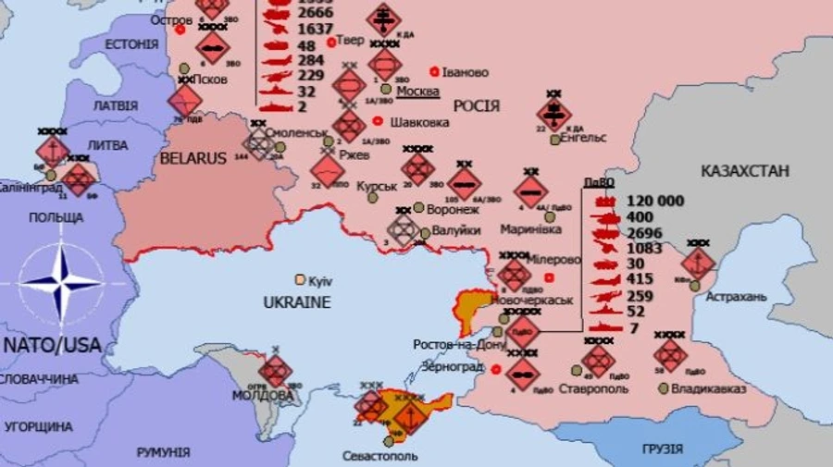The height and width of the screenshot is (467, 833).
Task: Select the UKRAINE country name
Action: click(x=296, y=302)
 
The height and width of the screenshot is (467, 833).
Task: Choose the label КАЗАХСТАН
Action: click(x=745, y=171)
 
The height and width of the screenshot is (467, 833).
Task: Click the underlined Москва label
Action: click(x=417, y=92)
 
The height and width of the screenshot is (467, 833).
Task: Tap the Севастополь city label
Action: click(x=379, y=456)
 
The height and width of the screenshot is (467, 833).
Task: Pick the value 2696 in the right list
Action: click(x=644, y=233)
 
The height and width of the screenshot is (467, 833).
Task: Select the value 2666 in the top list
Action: click(x=316, y=12)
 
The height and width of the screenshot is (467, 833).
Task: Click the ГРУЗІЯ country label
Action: click(x=662, y=449)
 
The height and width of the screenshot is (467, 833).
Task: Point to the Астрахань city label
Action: click(x=736, y=297)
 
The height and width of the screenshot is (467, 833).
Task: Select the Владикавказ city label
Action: click(x=708, y=389)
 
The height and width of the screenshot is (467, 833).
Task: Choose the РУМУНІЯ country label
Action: click(x=163, y=452)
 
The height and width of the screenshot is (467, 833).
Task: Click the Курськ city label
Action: click(x=377, y=187)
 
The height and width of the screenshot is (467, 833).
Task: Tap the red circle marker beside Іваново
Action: click(x=434, y=71)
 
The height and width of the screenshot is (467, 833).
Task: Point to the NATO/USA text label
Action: click(x=52, y=346)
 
